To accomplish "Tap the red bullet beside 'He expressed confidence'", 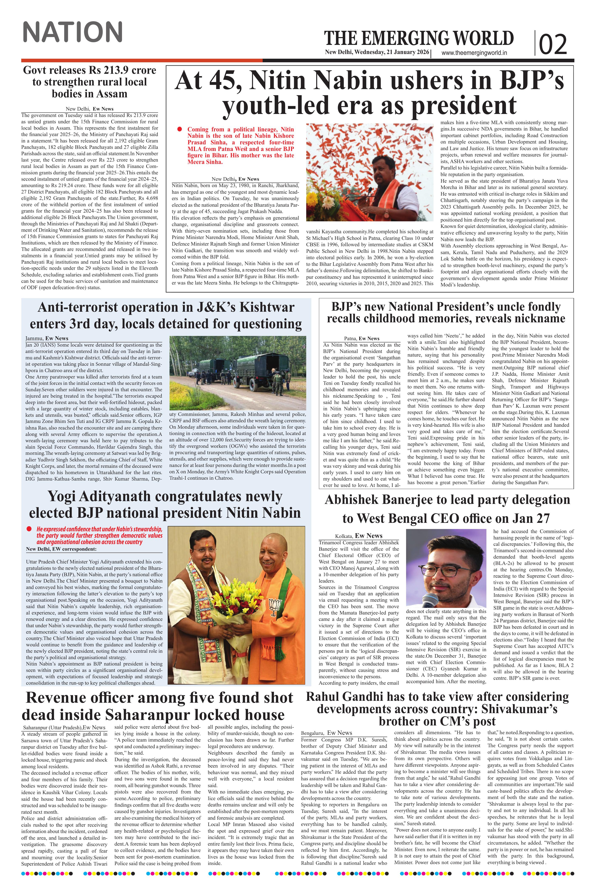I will tap(29, 529).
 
